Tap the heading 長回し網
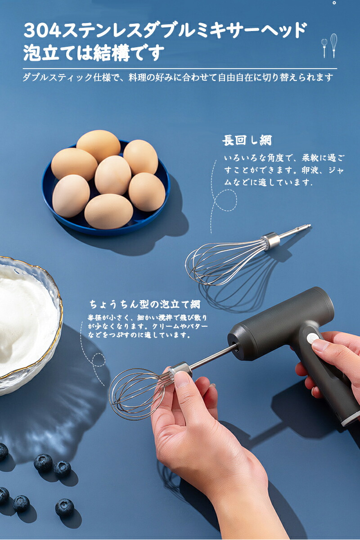point(247,140)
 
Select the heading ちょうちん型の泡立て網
point(145,304)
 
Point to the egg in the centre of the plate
point(113,175)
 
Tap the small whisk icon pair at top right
point(329,45)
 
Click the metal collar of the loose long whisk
point(271,240)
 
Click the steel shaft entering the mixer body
point(212,355)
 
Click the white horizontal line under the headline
point(180,69)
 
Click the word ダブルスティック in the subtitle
point(58,77)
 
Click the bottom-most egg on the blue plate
point(108,211)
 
